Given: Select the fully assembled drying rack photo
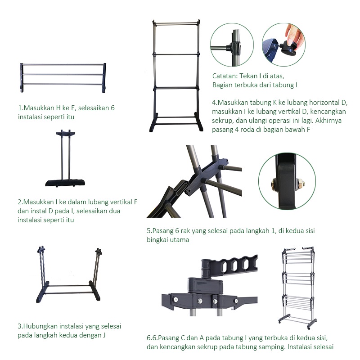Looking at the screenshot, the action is click(x=298, y=288).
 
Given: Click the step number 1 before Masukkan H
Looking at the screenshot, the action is click(x=20, y=108).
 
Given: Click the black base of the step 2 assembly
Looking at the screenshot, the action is click(x=65, y=183).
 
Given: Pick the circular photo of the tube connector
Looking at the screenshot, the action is click(x=232, y=45).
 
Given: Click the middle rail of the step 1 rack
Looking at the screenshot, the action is click(x=63, y=74).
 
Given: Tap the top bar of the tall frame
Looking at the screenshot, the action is click(x=176, y=23).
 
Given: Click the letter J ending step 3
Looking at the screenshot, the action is click(x=104, y=335).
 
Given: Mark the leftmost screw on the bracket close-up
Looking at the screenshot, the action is click(x=175, y=299).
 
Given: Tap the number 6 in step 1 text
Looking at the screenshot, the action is click(x=112, y=108).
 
